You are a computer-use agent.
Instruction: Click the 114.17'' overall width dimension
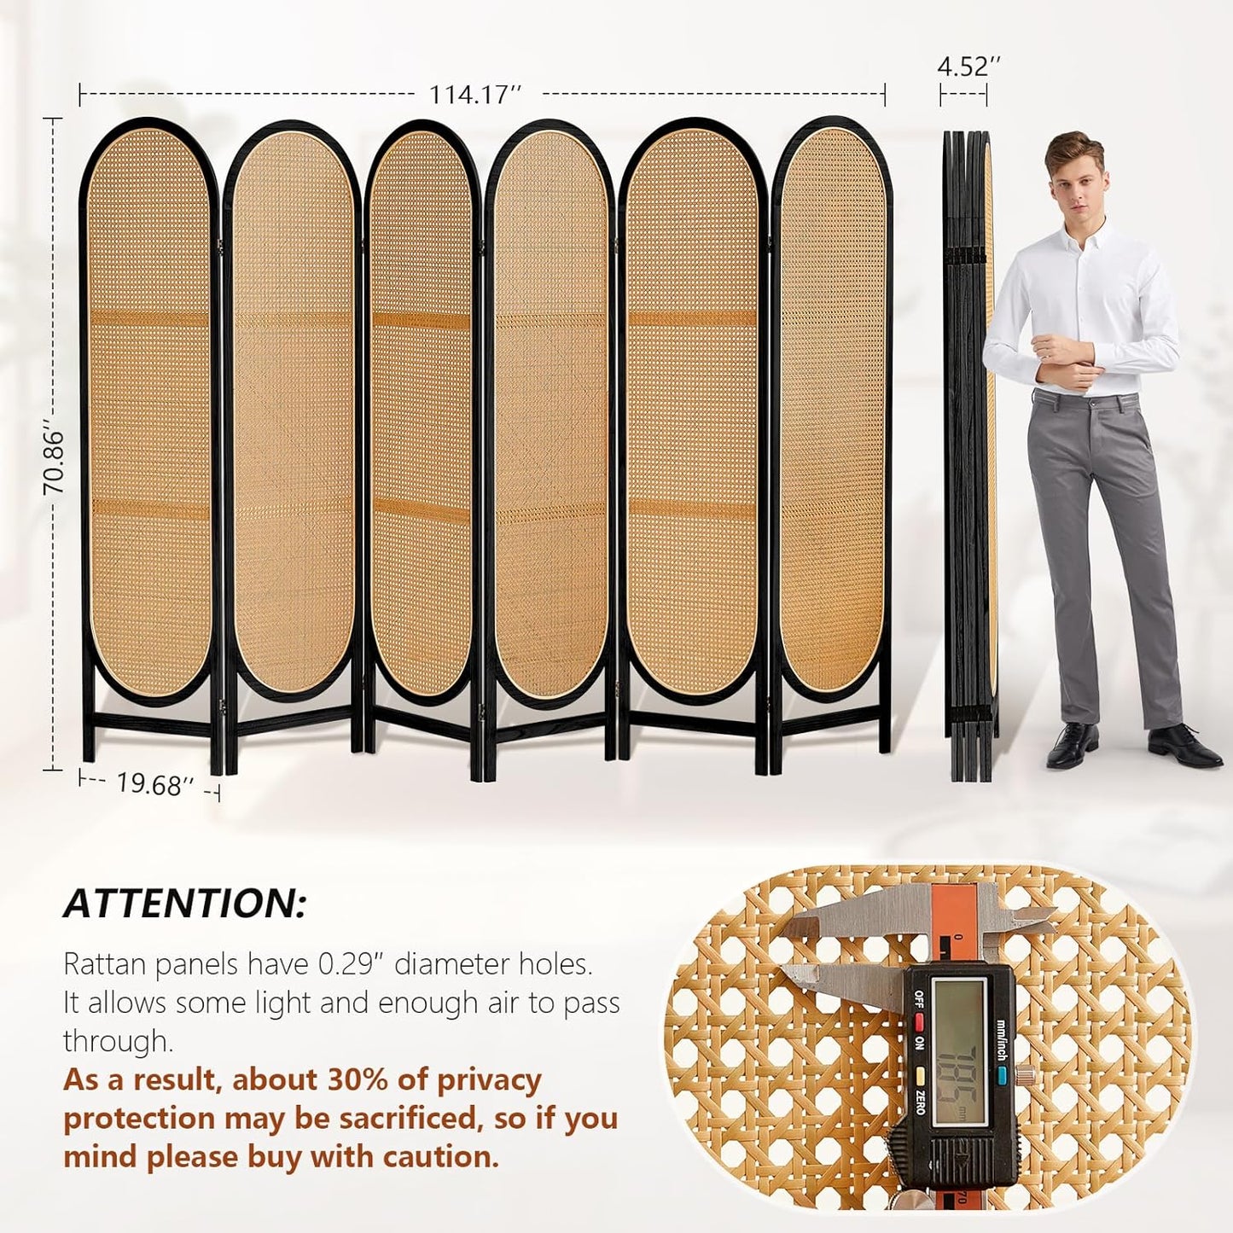(x=474, y=94)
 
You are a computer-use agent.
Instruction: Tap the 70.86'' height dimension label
(x=54, y=462)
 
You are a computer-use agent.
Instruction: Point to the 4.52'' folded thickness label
(x=968, y=67)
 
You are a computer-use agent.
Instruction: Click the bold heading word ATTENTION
(x=184, y=904)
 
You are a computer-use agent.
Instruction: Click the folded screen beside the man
(x=970, y=452)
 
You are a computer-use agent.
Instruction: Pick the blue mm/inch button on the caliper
(x=999, y=1072)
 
